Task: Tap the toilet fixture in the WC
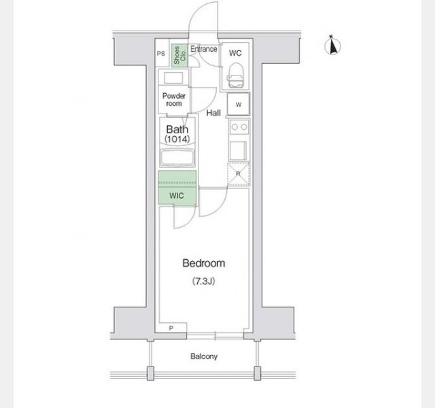point(236,75)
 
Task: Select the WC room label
point(235,53)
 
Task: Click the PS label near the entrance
point(161,54)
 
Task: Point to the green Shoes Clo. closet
point(179,55)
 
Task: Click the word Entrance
point(204,49)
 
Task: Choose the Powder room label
point(174,100)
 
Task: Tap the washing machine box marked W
point(239,104)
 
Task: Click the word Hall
point(213,113)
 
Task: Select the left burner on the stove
point(234,127)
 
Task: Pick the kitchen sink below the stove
point(238,151)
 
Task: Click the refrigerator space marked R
point(239,174)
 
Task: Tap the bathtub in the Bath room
point(177,158)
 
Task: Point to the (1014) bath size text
point(177,139)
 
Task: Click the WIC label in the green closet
point(177,196)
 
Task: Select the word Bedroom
point(204,263)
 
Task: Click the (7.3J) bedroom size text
point(204,282)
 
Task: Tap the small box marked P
point(171,328)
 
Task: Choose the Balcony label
point(204,356)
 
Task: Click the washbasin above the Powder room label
point(173,78)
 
